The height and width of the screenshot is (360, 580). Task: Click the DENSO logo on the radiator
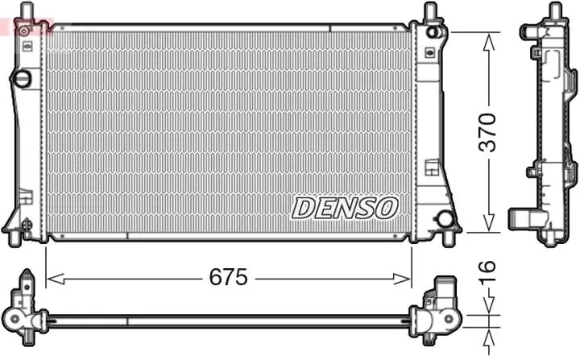[345, 208]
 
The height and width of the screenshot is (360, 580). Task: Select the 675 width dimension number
[229, 279]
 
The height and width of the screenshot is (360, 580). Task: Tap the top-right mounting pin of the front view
[431, 11]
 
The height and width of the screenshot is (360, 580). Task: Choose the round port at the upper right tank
[435, 32]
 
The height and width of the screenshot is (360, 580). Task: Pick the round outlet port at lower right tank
[445, 219]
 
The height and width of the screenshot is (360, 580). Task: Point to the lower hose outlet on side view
[520, 217]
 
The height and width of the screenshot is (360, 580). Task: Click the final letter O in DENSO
[387, 208]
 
